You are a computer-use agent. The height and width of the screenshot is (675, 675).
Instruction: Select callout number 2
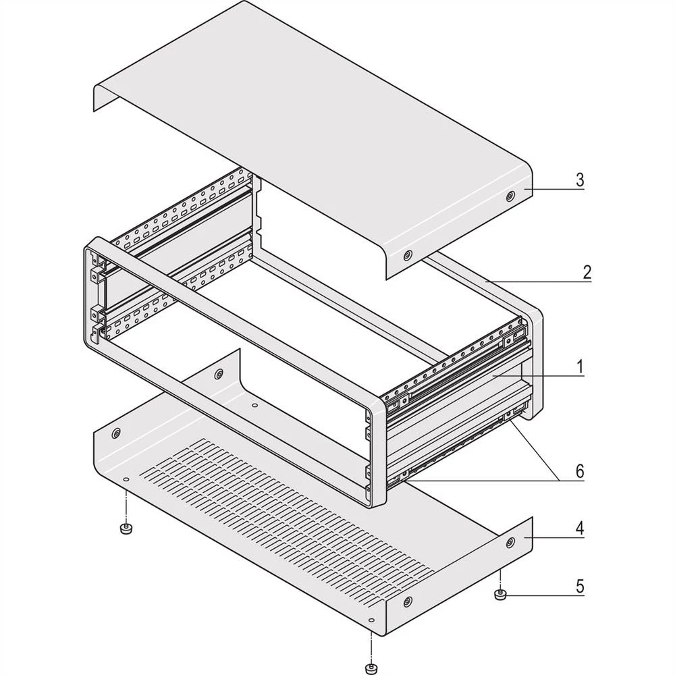click(587, 273)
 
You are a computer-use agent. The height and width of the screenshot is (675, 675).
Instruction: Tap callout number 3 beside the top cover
click(579, 181)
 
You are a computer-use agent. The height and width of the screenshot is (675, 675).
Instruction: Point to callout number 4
click(579, 529)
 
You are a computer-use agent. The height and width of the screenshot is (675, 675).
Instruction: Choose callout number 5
click(579, 586)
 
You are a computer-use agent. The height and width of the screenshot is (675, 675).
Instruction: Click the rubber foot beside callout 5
click(500, 595)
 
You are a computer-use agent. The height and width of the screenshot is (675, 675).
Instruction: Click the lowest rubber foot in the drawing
click(370, 669)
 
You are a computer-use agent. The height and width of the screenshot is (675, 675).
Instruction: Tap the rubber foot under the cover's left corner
click(125, 529)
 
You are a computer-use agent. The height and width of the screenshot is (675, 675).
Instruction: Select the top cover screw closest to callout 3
click(510, 196)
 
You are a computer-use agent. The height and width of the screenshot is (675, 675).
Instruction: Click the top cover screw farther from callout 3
click(408, 256)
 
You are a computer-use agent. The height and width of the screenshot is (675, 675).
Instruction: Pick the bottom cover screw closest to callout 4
click(510, 541)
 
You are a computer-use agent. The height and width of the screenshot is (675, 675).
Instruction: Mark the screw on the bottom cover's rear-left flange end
click(219, 374)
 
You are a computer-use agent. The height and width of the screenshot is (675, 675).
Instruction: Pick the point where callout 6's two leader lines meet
click(560, 480)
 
